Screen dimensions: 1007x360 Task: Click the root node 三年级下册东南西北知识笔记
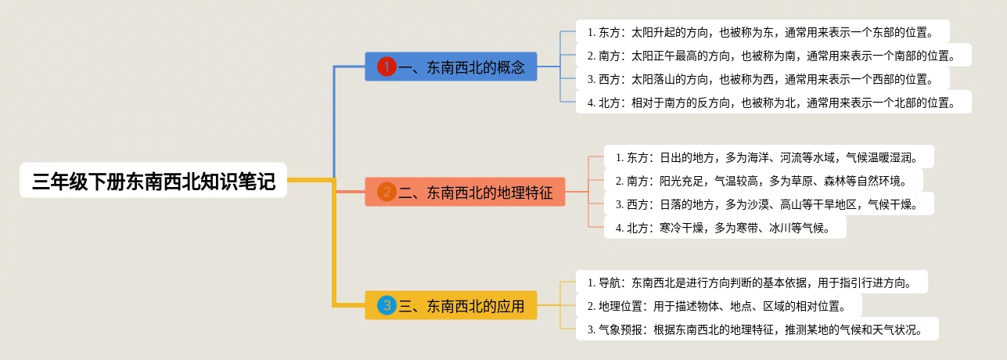[153, 180]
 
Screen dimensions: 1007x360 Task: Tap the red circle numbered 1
[387, 67]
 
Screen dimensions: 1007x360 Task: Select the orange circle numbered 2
[387, 192]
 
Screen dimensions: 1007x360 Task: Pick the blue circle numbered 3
[387, 306]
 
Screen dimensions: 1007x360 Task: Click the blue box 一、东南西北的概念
[451, 67]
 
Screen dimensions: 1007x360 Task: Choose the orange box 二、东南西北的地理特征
[465, 192]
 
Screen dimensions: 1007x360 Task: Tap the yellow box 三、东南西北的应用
[451, 306]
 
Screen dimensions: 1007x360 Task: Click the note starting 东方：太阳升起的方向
[762, 32]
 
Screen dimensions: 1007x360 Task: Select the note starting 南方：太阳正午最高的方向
[774, 56]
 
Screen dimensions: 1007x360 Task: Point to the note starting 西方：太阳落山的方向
[762, 78]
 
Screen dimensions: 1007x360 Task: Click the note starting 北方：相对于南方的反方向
[774, 102]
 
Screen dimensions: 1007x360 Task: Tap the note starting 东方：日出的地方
[768, 157]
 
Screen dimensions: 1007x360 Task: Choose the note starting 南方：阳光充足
[764, 180]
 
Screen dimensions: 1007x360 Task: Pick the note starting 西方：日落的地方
[768, 203]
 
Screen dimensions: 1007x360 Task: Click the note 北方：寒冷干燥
[725, 227]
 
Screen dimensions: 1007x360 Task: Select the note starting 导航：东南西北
[752, 282]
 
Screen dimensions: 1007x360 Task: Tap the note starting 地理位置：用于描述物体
[719, 305]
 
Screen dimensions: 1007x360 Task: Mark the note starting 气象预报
[757, 329]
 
